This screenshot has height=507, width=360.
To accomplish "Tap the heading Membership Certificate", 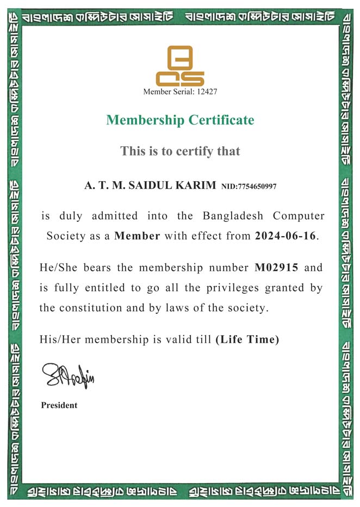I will (x=180, y=120).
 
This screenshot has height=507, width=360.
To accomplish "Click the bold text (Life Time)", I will (x=247, y=339).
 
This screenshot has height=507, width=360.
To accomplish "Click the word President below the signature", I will (x=59, y=405).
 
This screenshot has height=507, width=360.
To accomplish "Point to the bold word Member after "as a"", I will (x=137, y=237).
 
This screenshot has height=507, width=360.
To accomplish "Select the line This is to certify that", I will (x=180, y=151).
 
